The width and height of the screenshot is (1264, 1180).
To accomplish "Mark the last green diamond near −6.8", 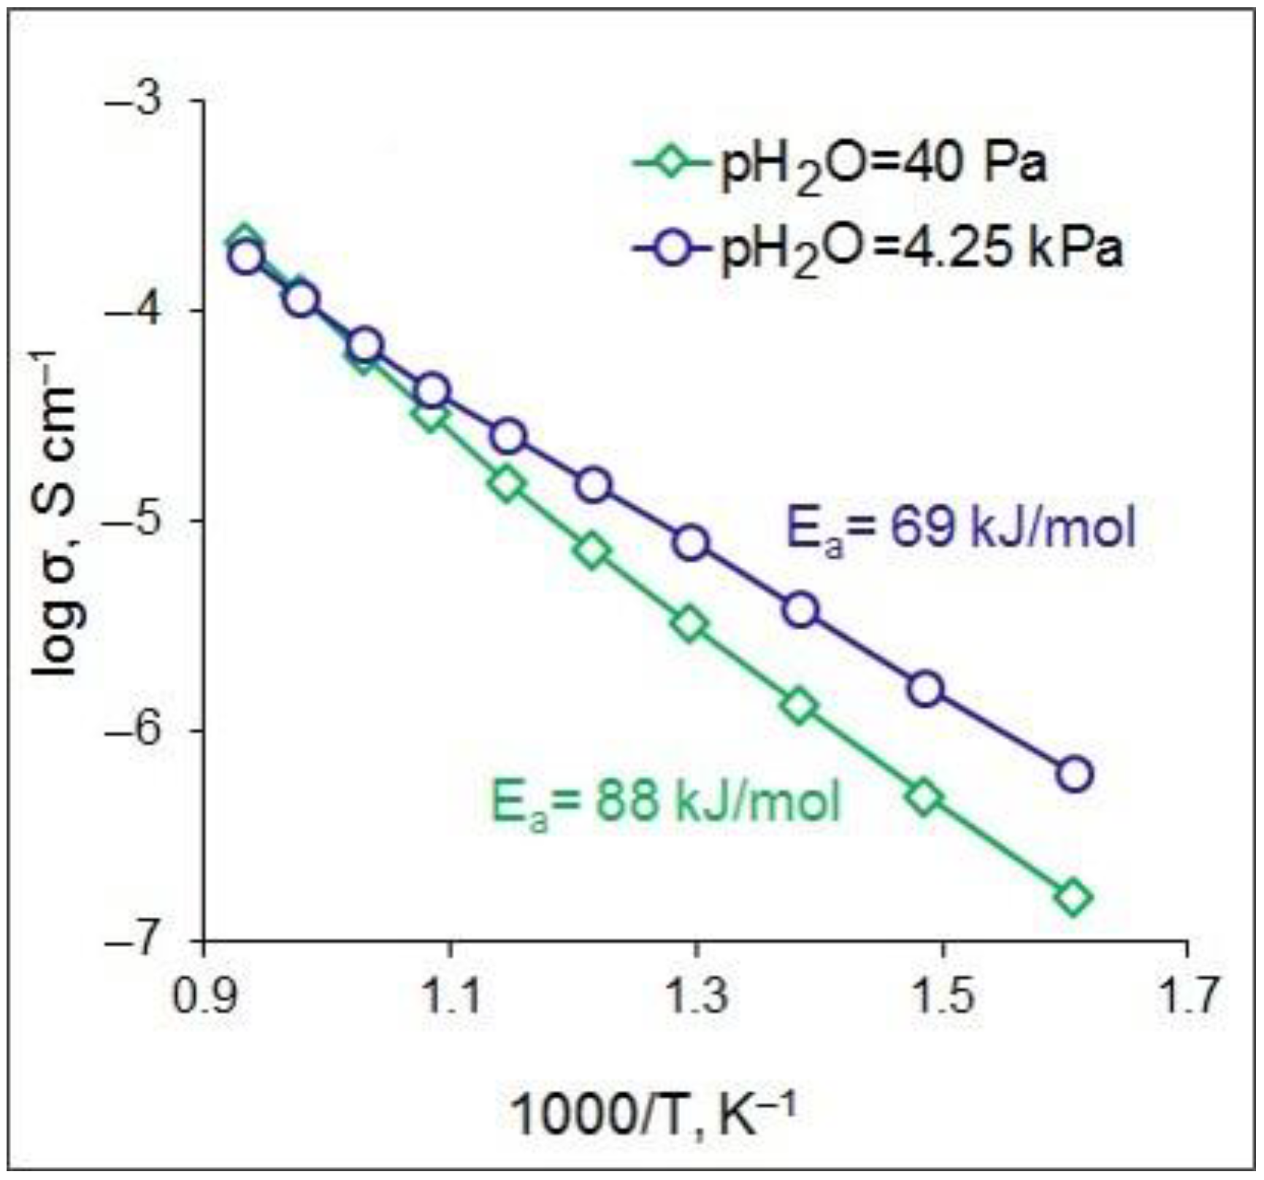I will [1073, 898].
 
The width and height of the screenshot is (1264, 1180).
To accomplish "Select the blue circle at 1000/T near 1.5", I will [926, 689].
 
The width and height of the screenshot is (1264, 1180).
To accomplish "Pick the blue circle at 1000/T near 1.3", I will [691, 543].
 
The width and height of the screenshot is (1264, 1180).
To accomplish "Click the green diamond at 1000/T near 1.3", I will [690, 625].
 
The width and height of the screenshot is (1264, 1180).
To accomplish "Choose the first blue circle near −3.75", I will [246, 257].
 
